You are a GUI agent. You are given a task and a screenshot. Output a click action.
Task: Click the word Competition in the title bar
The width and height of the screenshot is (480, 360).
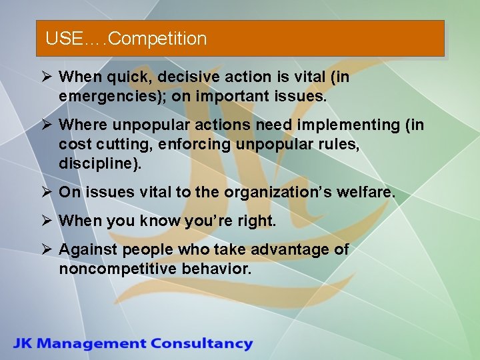[157, 39]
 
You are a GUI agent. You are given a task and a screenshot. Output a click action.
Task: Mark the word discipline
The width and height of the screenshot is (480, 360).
[98, 164]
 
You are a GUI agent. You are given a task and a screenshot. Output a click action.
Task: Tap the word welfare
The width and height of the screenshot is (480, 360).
[367, 193]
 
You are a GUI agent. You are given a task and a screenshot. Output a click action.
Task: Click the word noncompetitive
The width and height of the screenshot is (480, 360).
[117, 269]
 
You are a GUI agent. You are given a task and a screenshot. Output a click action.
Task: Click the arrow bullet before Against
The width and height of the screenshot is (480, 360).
[47, 250]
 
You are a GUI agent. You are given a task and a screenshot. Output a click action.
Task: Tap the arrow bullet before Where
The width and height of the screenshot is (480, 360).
[47, 125]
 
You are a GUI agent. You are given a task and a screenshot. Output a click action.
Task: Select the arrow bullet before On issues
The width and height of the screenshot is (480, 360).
[47, 193]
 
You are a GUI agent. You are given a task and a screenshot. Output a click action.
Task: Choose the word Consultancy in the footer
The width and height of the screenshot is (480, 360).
[201, 344]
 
